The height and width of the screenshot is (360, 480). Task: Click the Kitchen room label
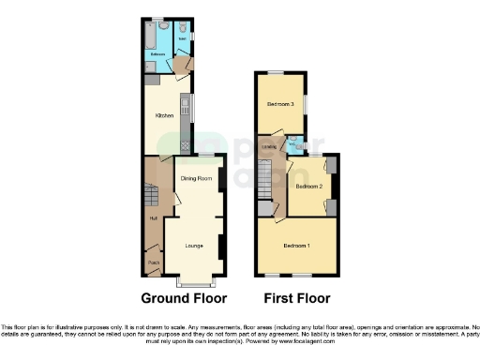pyautogui.click(x=164, y=115)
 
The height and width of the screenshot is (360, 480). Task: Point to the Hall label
pyautogui.click(x=152, y=219)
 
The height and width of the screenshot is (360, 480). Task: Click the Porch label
pyautogui.click(x=154, y=262)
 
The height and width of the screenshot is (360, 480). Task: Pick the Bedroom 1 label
pyautogui.click(x=297, y=246)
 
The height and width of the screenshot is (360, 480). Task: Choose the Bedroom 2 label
pyautogui.click(x=308, y=187)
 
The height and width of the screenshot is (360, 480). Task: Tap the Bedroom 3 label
pyautogui.click(x=280, y=103)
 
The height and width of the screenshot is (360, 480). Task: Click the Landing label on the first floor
pyautogui.click(x=269, y=146)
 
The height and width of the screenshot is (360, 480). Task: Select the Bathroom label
pyautogui.click(x=157, y=55)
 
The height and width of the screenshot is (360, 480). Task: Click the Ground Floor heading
pyautogui.click(x=184, y=299)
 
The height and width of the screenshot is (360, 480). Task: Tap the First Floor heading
pyautogui.click(x=295, y=299)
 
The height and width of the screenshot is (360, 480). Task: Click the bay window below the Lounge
pyautogui.click(x=195, y=282)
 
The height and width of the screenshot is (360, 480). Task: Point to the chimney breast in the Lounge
pyautogui.click(x=221, y=246)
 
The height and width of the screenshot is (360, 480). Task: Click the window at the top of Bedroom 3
pyautogui.click(x=277, y=73)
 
